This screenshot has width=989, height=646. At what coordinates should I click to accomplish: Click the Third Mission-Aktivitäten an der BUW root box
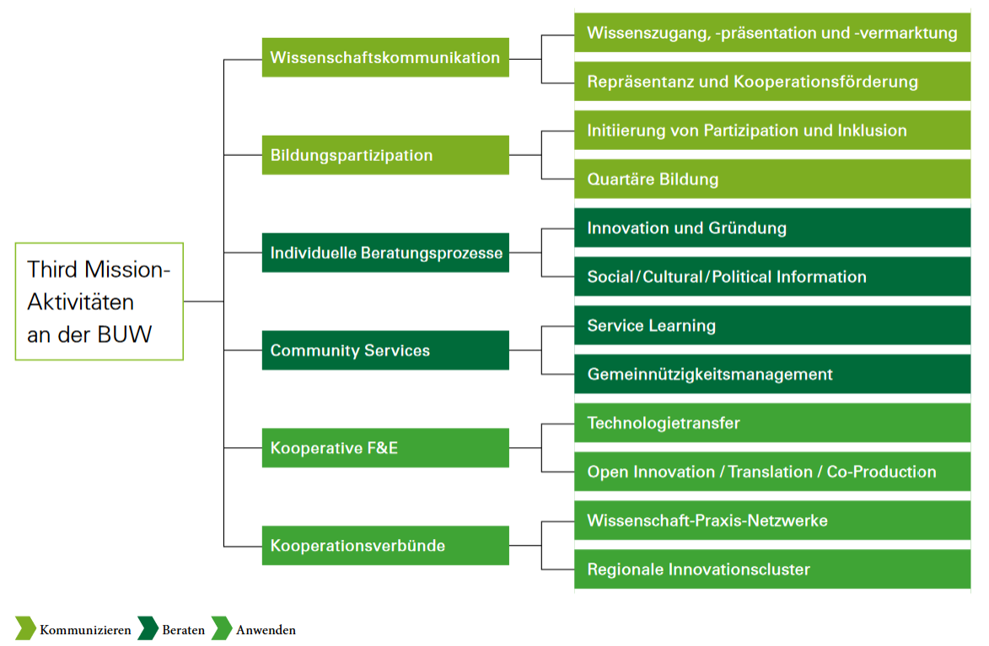pos(99,302)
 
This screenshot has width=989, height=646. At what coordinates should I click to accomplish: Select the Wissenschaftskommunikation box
pos(385,57)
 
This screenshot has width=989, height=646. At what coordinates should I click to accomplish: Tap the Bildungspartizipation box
pos(385,155)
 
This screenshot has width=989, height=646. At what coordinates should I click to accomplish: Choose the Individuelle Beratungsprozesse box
pos(385,253)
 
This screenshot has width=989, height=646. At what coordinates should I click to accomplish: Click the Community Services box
pos(385,350)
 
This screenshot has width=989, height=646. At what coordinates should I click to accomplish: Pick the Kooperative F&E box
pos(385,448)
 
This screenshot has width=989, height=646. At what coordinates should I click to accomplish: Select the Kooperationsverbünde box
pos(385,546)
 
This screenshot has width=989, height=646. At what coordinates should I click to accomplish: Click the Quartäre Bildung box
pos(772,179)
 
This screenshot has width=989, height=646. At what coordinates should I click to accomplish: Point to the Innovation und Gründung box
pos(772,227)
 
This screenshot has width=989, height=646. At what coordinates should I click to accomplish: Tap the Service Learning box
pos(772,325)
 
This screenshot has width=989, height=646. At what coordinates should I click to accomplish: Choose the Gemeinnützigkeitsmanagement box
pos(772,374)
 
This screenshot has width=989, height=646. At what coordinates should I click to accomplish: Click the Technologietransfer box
pos(772,423)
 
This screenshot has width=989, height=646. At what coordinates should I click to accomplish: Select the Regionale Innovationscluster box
pos(772,569)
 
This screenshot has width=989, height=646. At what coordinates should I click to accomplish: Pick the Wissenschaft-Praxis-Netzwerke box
pos(772,521)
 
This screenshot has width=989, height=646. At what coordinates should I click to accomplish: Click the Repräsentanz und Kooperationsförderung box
pos(772,82)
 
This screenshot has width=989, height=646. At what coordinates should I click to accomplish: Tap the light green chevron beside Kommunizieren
pos(26,628)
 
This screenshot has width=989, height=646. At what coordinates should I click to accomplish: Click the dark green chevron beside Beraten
pos(148,628)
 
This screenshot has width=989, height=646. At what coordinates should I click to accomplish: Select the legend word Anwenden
pos(266,630)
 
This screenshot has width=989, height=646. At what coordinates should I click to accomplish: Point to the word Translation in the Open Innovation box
pos(770,472)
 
